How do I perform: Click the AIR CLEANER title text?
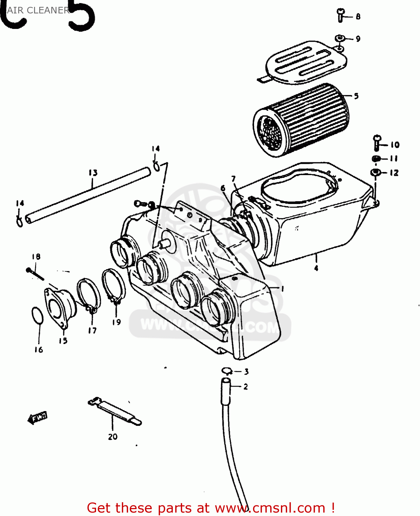[38, 10]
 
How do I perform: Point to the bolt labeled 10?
[377, 143]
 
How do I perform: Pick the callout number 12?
[394, 173]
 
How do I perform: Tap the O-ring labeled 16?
[37, 315]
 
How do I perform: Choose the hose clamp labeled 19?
[114, 286]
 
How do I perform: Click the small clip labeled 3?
[226, 371]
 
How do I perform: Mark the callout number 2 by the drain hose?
[245, 387]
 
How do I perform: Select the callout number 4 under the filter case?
[316, 268]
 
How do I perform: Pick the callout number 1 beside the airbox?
[283, 289]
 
